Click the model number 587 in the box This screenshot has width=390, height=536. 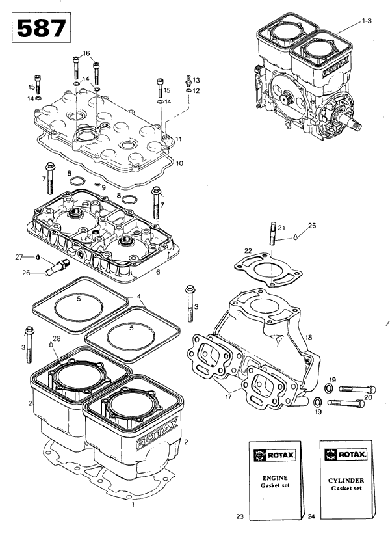pyautogui.click(x=40, y=29)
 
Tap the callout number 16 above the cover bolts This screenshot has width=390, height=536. pyautogui.click(x=86, y=53)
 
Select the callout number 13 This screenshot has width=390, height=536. pyautogui.click(x=196, y=79)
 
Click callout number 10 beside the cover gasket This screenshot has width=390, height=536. pyautogui.click(x=179, y=163)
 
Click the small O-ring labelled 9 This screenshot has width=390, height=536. pyautogui.click(x=96, y=186)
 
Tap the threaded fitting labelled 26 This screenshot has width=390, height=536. pyautogui.click(x=64, y=265)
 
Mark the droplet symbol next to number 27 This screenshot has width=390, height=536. pyautogui.click(x=38, y=257)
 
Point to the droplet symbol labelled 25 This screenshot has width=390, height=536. pyautogui.click(x=296, y=237)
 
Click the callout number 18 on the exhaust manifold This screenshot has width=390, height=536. pyautogui.click(x=309, y=337)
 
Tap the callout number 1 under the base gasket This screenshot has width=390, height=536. pyautogui.click(x=133, y=503)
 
